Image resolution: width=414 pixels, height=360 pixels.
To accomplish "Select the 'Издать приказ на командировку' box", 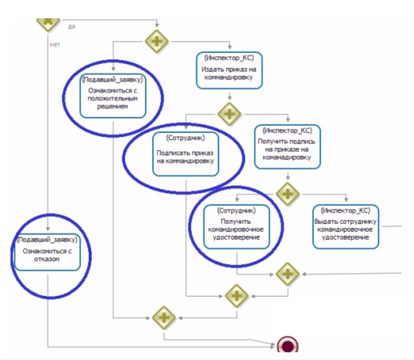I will (x=229, y=70).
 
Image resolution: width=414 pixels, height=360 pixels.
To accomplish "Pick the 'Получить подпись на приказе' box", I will (x=287, y=147).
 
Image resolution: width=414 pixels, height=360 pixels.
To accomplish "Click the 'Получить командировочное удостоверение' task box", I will (x=236, y=226).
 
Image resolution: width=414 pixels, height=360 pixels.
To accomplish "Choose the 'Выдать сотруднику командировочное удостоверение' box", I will (x=345, y=226).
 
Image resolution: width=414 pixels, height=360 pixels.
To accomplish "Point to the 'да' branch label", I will (x=72, y=26).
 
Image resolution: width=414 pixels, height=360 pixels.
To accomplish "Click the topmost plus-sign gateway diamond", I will (x=157, y=42).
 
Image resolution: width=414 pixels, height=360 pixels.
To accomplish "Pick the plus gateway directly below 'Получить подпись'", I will (x=288, y=193).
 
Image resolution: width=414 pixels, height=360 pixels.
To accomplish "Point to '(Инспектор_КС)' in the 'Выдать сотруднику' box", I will (x=345, y=211).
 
